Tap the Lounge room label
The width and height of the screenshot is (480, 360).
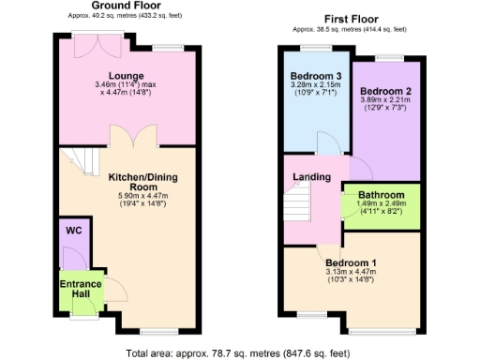pyautogui.click(x=125, y=75)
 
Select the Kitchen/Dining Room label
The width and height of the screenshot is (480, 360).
pyautogui.click(x=142, y=182)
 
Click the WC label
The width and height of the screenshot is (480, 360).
pyautogui.click(x=72, y=229)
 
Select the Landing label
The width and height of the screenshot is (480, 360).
pyautogui.click(x=310, y=177)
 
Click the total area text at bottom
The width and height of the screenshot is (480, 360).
pyautogui.click(x=239, y=352)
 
